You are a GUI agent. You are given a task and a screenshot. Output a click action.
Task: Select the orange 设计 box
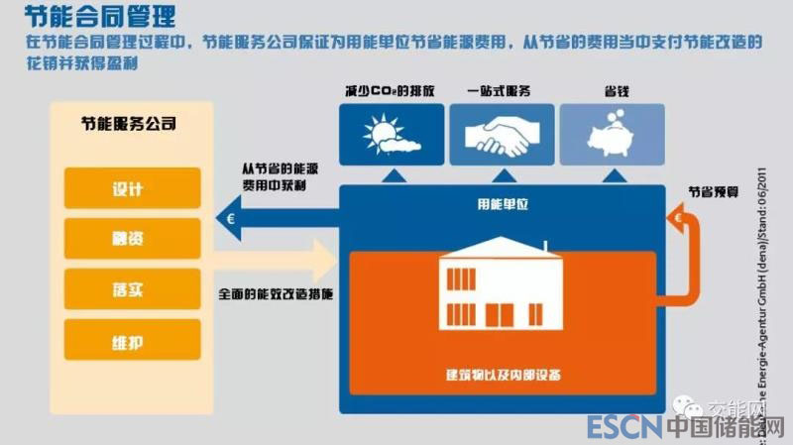[x=132, y=187]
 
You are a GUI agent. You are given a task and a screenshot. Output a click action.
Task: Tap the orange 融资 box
[x=132, y=238]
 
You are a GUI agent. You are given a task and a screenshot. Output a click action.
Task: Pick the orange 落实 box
[x=132, y=288]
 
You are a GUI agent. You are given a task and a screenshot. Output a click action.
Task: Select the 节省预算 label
[x=713, y=186]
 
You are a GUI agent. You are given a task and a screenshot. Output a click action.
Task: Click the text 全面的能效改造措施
[x=275, y=294]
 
